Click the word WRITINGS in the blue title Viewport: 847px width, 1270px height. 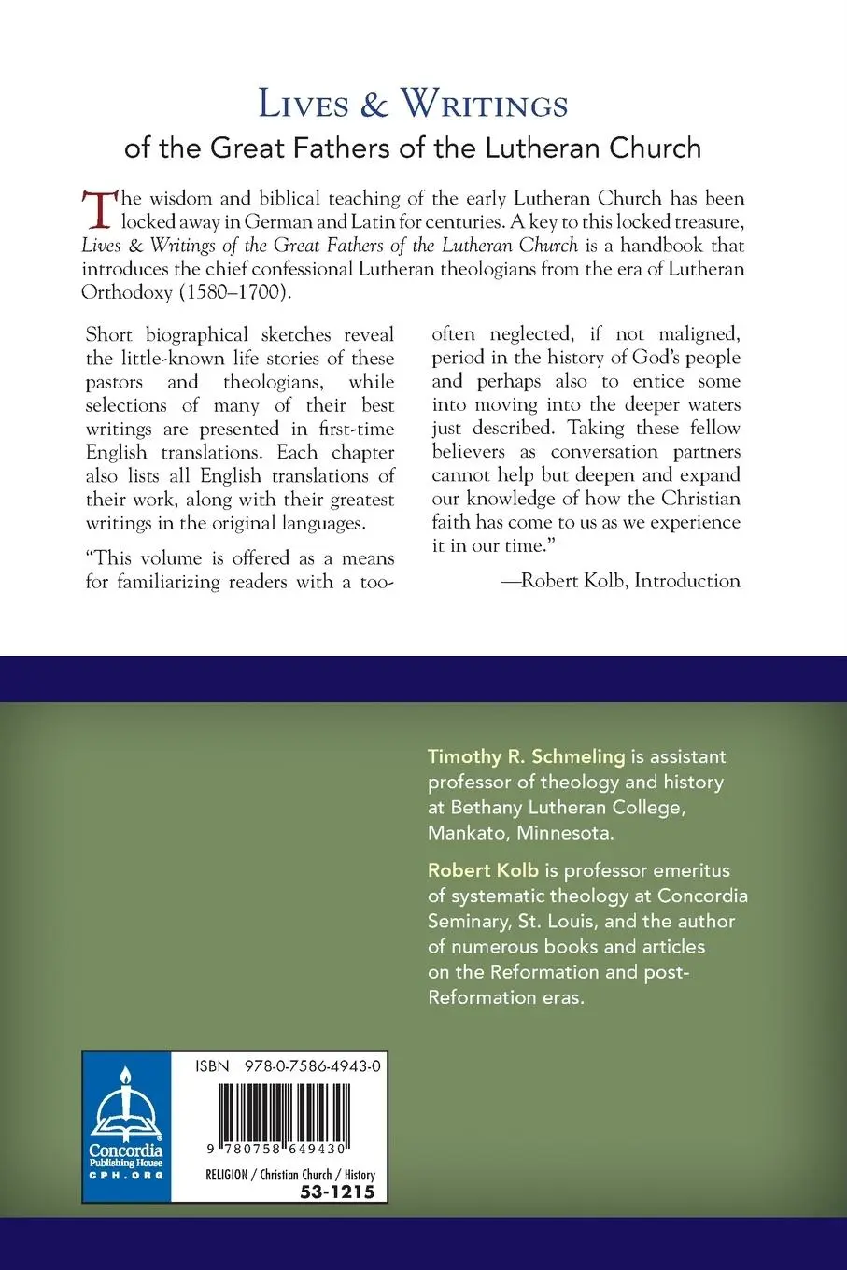484,105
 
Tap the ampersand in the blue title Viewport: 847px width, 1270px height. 374,105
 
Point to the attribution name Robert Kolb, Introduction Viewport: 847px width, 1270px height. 630,581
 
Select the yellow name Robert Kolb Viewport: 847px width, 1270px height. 483,870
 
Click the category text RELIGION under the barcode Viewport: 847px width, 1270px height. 227,1175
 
